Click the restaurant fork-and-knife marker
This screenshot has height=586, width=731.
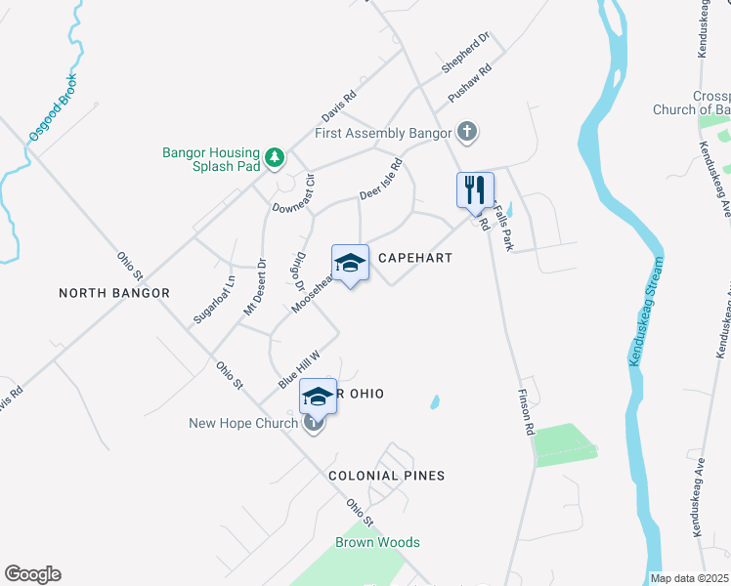[476, 190]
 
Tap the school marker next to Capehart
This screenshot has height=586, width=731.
[350, 263]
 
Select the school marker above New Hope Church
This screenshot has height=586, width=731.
[318, 397]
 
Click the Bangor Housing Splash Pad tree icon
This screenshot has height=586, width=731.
[276, 157]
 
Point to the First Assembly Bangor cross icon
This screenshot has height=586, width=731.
[467, 132]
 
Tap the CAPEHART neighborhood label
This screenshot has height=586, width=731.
[415, 258]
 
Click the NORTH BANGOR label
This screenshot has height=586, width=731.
[114, 293]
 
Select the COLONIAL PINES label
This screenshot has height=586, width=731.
[386, 476]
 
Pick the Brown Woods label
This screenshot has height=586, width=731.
[377, 542]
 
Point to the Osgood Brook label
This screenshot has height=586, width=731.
[53, 107]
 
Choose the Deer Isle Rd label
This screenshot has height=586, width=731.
[380, 181]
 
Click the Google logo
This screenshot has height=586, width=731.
[32, 574]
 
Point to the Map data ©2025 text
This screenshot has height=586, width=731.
[689, 578]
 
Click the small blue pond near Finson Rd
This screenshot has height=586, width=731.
[434, 401]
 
